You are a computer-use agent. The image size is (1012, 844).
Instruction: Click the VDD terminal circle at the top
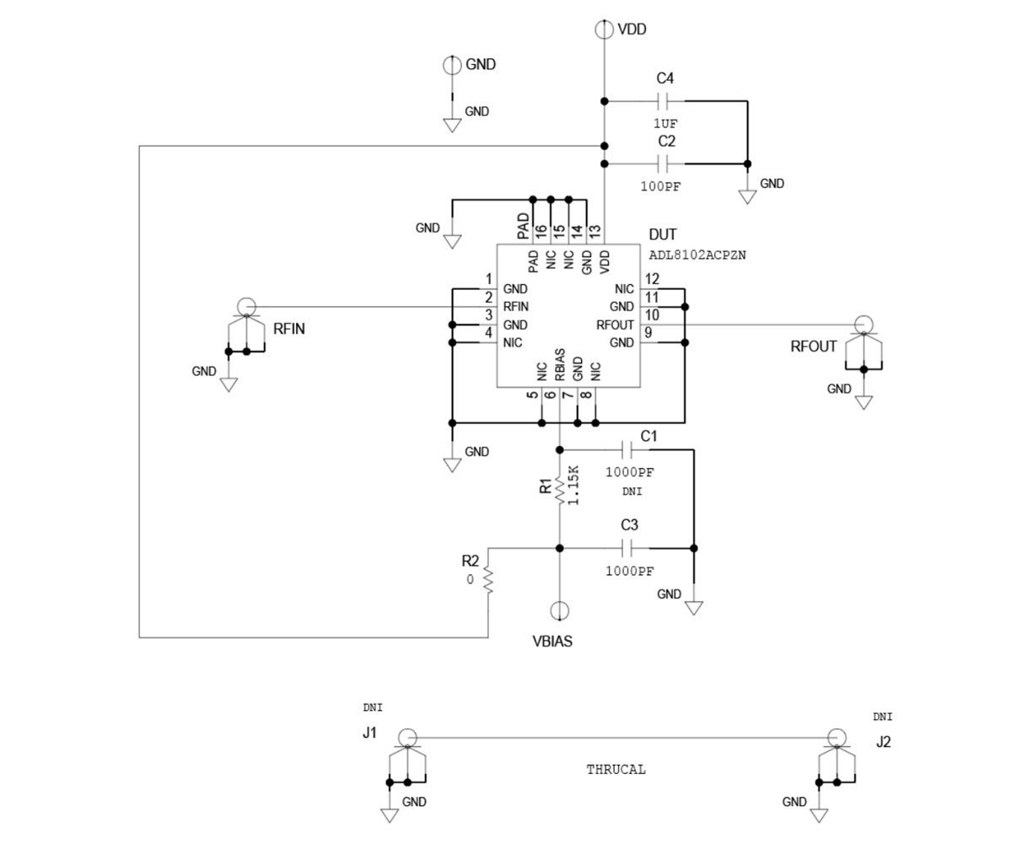coord(604,30)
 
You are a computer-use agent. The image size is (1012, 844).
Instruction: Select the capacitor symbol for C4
coord(664,101)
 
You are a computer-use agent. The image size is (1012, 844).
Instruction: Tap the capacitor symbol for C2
coord(664,163)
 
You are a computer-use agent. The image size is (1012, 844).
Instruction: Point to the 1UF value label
coord(665,123)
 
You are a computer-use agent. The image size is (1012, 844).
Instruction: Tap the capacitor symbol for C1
coord(630,449)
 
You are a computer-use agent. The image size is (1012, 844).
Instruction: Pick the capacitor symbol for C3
coord(630,549)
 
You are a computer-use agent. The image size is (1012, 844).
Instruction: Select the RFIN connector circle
coord(245,306)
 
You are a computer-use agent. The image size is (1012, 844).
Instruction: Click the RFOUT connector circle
coord(863,324)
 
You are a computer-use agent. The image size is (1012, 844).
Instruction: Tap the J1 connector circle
coord(407,737)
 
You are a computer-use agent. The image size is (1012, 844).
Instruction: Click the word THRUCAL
coord(616,769)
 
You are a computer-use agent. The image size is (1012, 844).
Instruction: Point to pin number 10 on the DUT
coord(651,314)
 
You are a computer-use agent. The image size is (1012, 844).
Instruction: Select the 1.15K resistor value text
coord(574,485)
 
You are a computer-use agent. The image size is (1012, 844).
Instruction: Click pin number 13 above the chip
coord(595,229)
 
